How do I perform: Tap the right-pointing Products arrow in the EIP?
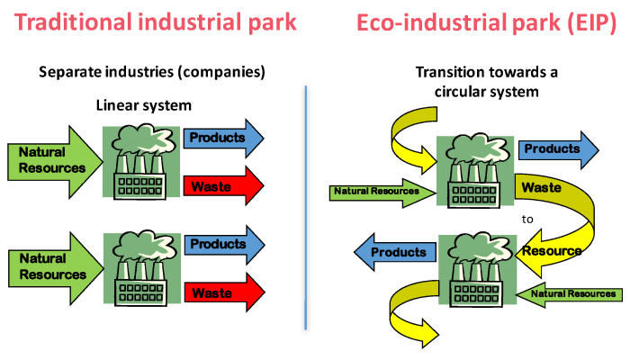click(x=557, y=148)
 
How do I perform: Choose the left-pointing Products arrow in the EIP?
click(x=392, y=253)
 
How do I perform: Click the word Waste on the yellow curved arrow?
click(x=543, y=188)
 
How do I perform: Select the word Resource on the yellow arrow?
click(x=552, y=250)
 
